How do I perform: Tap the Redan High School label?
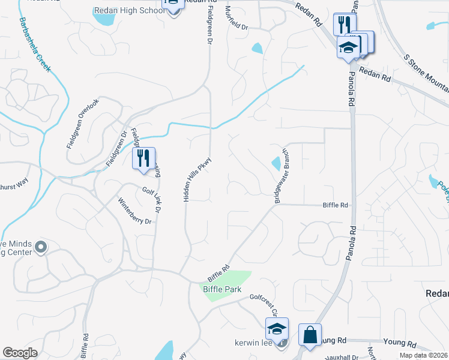(x=128, y=10)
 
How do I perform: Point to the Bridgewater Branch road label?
(x=282, y=176)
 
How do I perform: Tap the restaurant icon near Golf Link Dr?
(x=143, y=158)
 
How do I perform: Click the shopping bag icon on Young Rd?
(x=310, y=335)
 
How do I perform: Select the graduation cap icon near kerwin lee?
(x=277, y=329)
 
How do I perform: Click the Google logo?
(x=20, y=353)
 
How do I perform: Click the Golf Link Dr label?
(x=152, y=200)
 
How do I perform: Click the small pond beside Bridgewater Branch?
(x=276, y=163)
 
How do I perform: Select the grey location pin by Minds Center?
(x=40, y=247)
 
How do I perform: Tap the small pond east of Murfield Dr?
(x=257, y=48)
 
